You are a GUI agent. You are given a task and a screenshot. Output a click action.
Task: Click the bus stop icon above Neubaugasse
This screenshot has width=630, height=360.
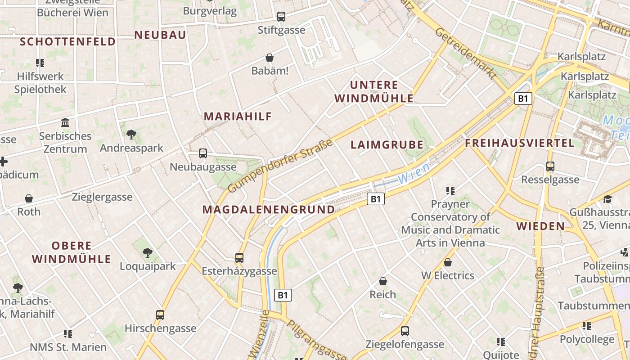click(x=203, y=153)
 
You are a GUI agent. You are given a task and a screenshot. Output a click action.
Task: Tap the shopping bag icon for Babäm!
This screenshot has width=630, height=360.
click(x=270, y=58)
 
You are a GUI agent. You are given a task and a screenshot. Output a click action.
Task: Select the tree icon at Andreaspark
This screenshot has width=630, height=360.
click(x=131, y=134)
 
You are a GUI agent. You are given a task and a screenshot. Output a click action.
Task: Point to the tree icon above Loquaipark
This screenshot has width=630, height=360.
click(x=147, y=253)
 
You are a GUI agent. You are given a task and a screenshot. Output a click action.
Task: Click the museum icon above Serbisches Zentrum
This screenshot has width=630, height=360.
click(x=65, y=122)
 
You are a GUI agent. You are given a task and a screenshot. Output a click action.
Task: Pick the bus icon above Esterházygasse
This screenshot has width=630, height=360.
click(x=239, y=258)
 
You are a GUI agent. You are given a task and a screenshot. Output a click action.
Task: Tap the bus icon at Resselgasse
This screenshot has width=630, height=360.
click(x=550, y=166)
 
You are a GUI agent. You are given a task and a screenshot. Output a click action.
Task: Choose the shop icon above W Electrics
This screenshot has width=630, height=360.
click(x=448, y=262)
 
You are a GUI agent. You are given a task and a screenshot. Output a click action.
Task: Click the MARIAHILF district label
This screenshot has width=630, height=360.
click(x=238, y=116)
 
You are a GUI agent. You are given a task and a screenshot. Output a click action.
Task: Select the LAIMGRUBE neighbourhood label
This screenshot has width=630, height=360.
click(x=387, y=144)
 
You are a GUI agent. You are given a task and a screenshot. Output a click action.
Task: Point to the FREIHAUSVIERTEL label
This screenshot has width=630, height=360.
click(x=520, y=143)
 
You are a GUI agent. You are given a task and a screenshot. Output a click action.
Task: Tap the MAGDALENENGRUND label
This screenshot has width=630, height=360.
click(x=269, y=209)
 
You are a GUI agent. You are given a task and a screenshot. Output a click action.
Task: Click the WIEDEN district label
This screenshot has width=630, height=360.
click(x=540, y=226)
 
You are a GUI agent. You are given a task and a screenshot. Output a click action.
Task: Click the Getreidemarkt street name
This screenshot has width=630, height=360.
click(x=466, y=54)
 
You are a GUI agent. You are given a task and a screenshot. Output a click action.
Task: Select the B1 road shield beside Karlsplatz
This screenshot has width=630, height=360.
click(x=523, y=99)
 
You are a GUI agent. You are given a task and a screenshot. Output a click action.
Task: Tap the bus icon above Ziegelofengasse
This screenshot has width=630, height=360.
click(x=405, y=331)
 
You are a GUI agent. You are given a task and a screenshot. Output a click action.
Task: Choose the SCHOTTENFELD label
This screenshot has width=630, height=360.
click(x=68, y=42)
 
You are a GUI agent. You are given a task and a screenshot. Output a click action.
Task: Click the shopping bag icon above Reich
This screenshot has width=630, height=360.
click(x=383, y=282)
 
